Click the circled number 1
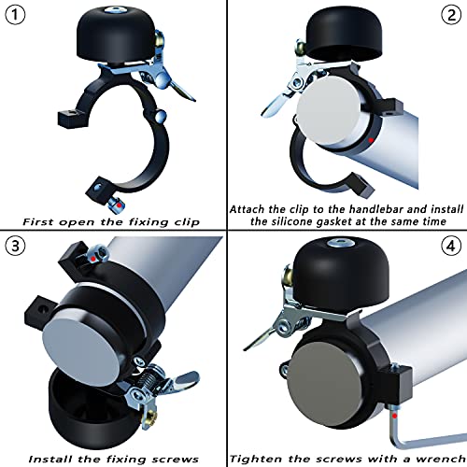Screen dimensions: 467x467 click(15, 15)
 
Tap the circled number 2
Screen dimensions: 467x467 click(451, 15)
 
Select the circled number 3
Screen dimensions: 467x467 click(15, 246)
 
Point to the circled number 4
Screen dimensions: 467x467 click(451, 246)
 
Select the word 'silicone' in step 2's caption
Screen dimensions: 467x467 click(290, 221)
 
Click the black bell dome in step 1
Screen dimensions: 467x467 click(116, 34)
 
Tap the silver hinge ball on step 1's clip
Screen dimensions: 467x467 click(161, 116)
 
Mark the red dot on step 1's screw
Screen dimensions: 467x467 click(119, 205)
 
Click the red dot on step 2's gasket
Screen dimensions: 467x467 click(371, 140)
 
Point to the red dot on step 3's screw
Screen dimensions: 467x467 click(93, 259)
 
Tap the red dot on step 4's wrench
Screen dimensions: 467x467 click(395, 416)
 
